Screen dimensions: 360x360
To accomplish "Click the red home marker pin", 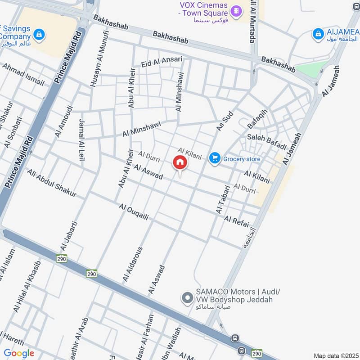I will click(180, 162).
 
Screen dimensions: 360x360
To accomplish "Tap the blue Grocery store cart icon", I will click(215, 158).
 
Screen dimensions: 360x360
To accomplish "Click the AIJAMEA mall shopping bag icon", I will click(318, 33).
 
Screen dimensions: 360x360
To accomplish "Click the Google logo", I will click(19, 353).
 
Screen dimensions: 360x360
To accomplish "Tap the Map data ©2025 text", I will click(335, 355).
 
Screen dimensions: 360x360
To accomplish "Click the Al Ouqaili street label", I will click(134, 212).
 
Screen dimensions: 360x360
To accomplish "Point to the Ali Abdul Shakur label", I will click(51, 184).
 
